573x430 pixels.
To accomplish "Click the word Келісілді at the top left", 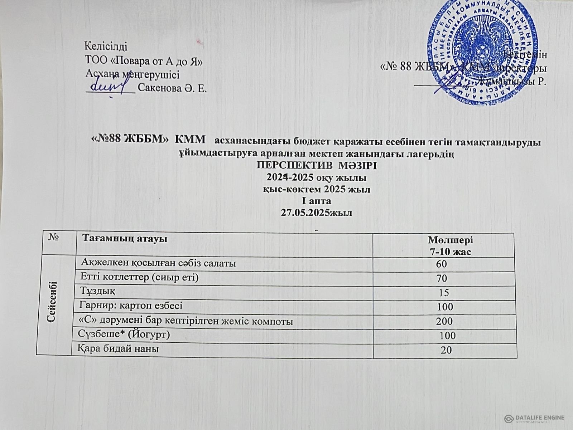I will click(x=106, y=46).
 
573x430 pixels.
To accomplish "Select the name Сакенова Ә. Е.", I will click(x=172, y=88).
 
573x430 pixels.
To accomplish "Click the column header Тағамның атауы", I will click(x=125, y=239).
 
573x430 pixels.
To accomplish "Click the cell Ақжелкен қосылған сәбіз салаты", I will click(x=159, y=264).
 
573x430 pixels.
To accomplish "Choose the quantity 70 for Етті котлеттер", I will click(x=442, y=278).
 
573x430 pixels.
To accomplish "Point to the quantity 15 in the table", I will click(x=444, y=293).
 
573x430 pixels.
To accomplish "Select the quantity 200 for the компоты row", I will click(x=444, y=321).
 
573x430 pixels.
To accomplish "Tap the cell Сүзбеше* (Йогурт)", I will click(x=124, y=334).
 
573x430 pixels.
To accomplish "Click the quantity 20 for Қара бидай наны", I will click(x=446, y=350).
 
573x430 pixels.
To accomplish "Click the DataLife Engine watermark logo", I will click(x=534, y=418).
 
